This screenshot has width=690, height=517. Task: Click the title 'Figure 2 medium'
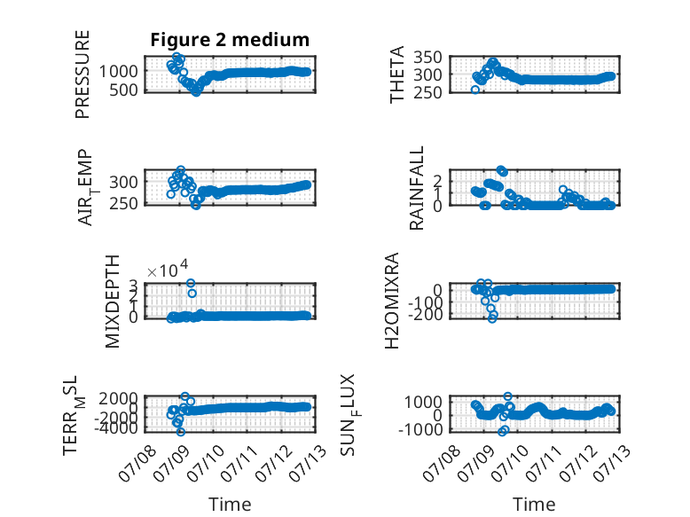(x=230, y=40)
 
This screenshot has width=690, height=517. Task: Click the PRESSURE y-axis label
(x=82, y=74)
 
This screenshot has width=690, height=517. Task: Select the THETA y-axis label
(x=397, y=74)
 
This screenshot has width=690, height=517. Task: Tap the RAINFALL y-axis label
(x=416, y=188)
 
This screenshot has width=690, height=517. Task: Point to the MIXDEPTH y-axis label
(x=113, y=302)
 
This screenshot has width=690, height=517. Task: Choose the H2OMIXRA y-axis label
(x=392, y=301)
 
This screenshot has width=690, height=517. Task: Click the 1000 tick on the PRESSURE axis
(x=118, y=71)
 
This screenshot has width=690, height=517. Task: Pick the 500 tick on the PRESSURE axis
(x=123, y=90)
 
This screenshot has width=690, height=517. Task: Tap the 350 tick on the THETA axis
(x=427, y=57)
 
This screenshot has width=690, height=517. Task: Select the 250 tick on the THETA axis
(x=427, y=92)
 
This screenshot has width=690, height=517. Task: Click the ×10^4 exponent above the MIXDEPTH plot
(x=168, y=269)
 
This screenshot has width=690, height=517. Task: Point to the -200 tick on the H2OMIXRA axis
(x=425, y=314)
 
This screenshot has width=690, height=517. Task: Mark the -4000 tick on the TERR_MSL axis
(x=115, y=427)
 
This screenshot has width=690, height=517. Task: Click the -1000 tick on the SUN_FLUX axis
(x=420, y=429)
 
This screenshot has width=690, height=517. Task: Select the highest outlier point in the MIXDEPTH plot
(x=191, y=284)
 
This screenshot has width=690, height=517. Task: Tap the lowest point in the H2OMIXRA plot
(x=492, y=318)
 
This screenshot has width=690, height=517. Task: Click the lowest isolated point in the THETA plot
(x=475, y=90)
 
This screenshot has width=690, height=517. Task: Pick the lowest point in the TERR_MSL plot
(x=180, y=432)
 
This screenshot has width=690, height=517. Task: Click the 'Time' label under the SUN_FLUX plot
(x=534, y=505)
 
